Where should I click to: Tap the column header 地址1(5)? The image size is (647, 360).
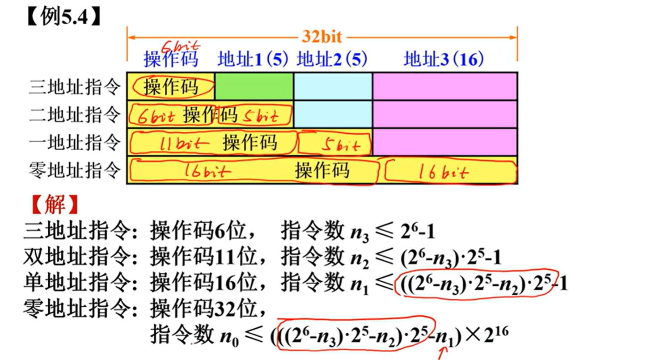[x=253, y=59]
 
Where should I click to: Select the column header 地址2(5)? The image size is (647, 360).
[x=332, y=59]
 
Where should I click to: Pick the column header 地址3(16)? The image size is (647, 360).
[x=444, y=59]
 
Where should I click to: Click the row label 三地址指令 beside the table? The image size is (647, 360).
[x=75, y=87]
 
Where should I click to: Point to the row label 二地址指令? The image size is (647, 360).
[x=75, y=115]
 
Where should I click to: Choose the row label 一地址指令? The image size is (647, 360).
[x=75, y=143]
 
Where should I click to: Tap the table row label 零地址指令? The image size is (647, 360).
[x=75, y=170]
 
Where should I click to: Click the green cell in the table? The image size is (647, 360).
[x=254, y=86]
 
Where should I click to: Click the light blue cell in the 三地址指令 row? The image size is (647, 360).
[x=333, y=86]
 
